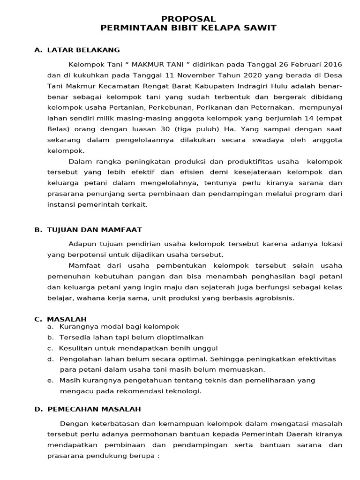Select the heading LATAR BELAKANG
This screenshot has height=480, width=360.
point(83,50)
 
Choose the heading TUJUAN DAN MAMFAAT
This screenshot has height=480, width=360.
point(94,230)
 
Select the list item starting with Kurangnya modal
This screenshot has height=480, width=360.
point(119,326)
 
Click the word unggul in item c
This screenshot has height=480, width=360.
point(207,348)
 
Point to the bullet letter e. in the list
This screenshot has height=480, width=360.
point(50,380)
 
